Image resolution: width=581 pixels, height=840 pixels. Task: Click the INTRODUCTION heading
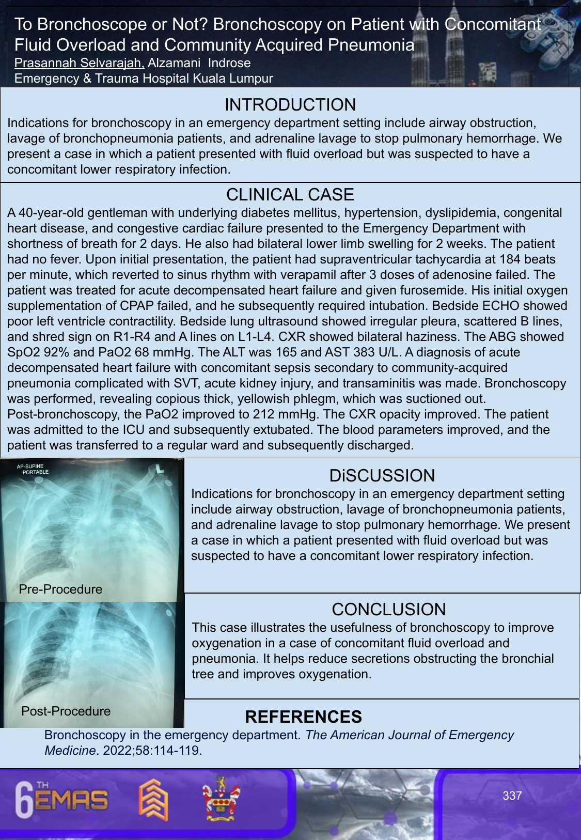click(290, 105)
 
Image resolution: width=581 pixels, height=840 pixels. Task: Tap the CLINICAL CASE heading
click(290, 195)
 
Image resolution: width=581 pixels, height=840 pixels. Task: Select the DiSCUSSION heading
click(382, 476)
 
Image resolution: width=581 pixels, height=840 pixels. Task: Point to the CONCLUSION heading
click(388, 610)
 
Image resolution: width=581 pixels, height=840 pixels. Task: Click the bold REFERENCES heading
click(303, 717)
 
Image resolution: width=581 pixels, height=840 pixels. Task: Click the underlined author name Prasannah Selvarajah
click(79, 63)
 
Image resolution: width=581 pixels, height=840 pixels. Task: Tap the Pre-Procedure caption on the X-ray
click(60, 589)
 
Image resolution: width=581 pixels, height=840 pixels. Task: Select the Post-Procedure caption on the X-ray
click(66, 711)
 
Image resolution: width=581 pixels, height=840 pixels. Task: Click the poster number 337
click(512, 796)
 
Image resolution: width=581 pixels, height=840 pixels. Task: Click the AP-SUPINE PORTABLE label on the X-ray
click(32, 469)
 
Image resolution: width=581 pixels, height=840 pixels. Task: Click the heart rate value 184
click(508, 259)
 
